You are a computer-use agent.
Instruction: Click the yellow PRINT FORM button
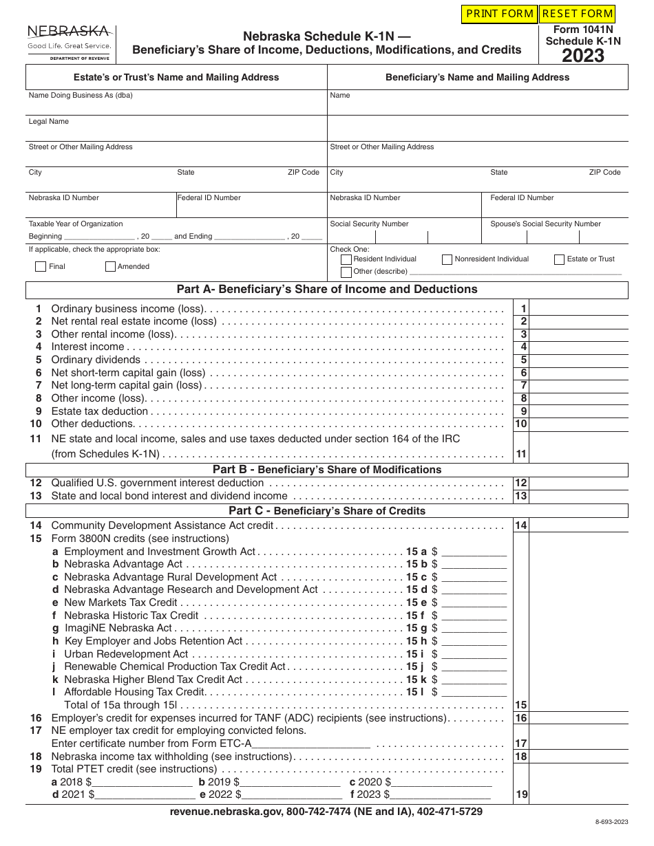(x=499, y=14)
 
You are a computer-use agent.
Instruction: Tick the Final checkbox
(x=41, y=267)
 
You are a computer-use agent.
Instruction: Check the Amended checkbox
(x=110, y=267)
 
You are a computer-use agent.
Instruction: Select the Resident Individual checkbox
(x=346, y=259)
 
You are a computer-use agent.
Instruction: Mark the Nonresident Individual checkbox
(x=447, y=259)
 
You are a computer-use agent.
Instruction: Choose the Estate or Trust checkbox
(x=559, y=259)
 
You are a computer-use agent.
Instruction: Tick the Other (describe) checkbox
(x=346, y=272)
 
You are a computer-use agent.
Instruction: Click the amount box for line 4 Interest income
(x=579, y=347)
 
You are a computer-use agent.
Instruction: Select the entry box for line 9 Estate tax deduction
(x=579, y=411)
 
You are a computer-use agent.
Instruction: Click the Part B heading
(x=327, y=470)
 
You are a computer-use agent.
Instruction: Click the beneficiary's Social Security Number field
(x=403, y=237)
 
